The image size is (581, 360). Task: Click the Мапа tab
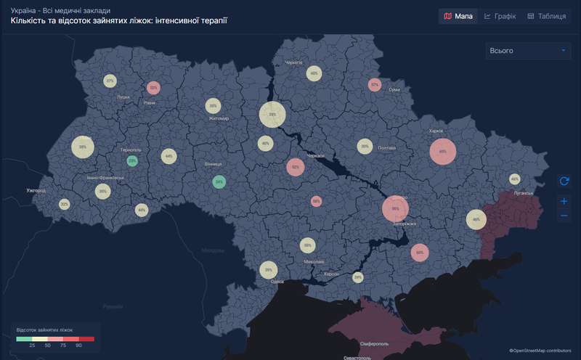458,16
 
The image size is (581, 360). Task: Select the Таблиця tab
546,16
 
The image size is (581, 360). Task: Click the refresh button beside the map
564,181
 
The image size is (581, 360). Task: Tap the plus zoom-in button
564,201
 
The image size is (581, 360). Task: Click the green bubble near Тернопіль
132,160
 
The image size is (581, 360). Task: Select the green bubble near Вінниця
219,181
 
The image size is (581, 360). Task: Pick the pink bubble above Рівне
153,87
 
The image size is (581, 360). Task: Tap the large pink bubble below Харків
442,152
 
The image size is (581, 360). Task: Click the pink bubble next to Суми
374,85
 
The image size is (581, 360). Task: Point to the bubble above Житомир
213,105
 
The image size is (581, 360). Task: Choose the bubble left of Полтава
364,147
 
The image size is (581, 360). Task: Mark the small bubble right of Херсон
357,277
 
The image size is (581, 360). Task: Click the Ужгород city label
36,190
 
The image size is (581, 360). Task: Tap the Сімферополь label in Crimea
375,343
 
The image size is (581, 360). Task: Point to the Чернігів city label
293,63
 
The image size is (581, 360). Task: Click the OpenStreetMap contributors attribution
540,351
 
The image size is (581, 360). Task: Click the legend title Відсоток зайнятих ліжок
44,330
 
